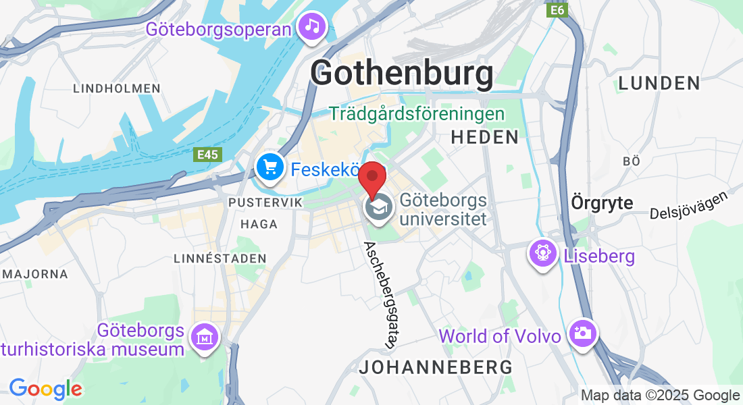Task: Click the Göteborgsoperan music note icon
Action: pos(311,27)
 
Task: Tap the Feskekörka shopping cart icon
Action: pos(270,165)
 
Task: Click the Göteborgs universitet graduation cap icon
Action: pos(379,207)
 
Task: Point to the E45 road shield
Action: pos(207,155)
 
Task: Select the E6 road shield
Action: pos(557,10)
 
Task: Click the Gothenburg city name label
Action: pos(402,74)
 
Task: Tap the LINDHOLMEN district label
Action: pos(117,88)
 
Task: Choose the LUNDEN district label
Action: pos(659,83)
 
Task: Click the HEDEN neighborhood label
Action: pos(484,137)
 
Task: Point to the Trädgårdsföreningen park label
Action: pos(417,113)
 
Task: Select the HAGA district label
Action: pos(259,224)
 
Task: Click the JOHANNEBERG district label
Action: pos(436,368)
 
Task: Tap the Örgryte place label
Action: pos(602,202)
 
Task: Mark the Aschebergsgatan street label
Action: pos(379,294)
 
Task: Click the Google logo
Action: pos(45,389)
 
